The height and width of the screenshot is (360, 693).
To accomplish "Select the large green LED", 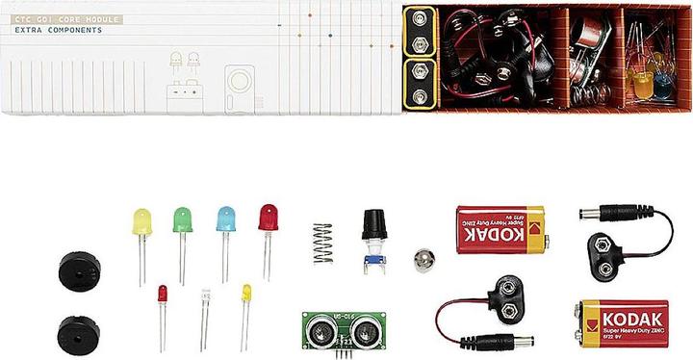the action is (181, 219).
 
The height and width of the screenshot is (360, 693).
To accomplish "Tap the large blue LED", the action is (225, 219).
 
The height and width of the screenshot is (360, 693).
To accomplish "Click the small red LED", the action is (163, 292).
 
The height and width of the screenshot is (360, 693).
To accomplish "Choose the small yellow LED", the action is (245, 292).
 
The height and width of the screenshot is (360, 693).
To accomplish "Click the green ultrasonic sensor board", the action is (338, 329).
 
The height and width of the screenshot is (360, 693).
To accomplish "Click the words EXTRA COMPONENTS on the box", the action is (59, 30).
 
